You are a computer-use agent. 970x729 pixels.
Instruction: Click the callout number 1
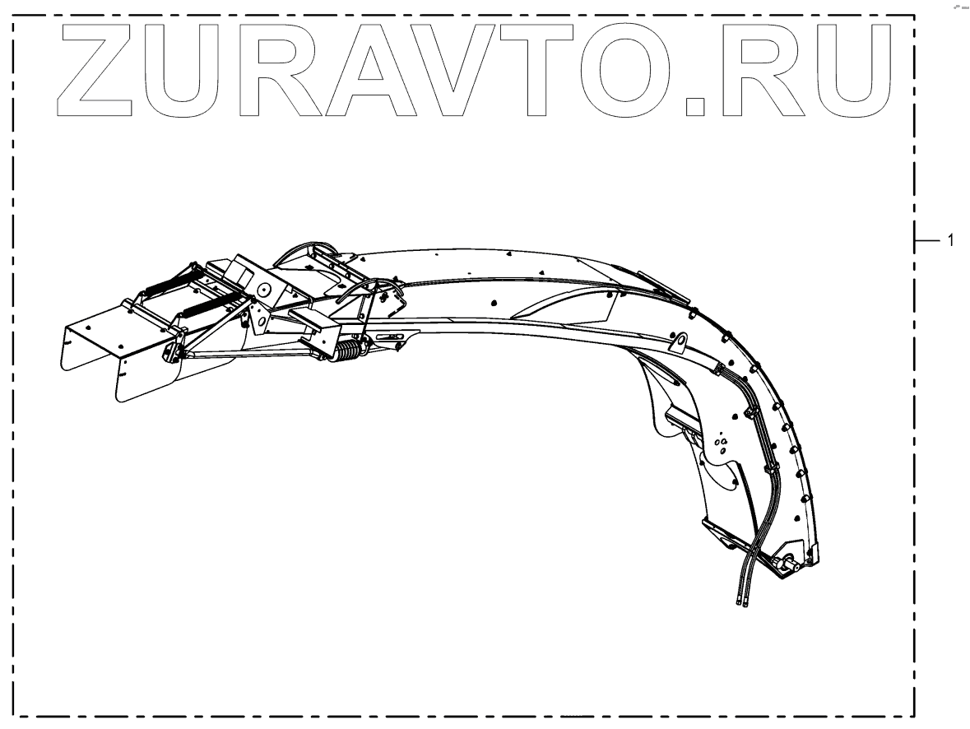point(950,241)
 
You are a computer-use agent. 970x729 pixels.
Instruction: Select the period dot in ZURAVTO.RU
point(695,104)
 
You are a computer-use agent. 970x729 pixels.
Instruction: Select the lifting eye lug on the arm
point(680,340)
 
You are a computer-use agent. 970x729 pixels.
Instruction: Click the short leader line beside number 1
point(927,241)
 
